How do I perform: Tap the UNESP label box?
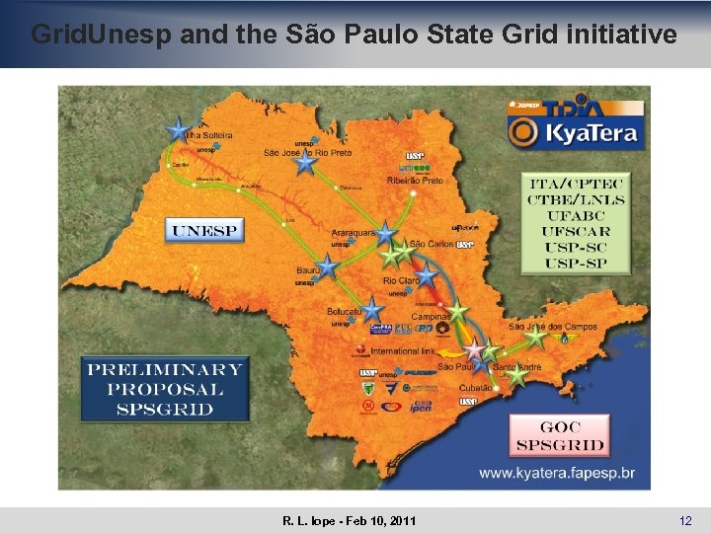click(204, 231)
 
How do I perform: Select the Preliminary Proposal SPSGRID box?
click(165, 389)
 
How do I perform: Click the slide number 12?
click(685, 520)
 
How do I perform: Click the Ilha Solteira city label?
click(209, 134)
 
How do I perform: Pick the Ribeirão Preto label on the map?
click(415, 181)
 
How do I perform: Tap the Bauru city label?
click(306, 268)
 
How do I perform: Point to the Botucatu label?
click(345, 312)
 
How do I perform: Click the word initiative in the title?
click(620, 35)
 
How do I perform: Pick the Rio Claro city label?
click(398, 281)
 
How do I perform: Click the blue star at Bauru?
click(328, 266)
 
